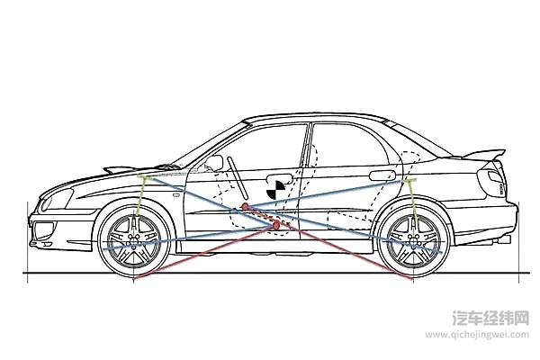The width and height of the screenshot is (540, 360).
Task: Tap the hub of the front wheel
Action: (136, 241)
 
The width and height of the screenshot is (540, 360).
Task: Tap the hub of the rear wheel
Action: (413, 241)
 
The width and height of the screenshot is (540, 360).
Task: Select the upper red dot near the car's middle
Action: (244, 207)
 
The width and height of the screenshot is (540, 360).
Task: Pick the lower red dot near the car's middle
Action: (276, 225)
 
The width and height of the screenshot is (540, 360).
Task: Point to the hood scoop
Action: (122, 167)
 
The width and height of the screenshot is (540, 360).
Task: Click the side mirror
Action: (214, 163)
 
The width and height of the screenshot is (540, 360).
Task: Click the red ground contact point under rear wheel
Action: (413, 279)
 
